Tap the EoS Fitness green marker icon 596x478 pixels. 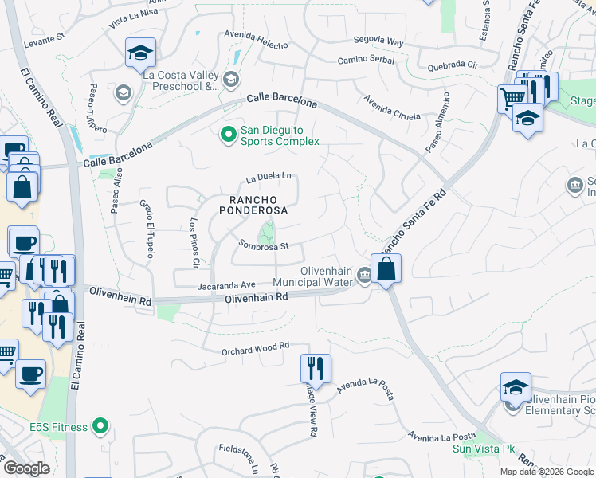100,427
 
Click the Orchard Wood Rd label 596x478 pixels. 256,348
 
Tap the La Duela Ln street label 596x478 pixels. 269,176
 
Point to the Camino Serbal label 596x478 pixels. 366,60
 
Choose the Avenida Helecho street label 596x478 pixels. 256,40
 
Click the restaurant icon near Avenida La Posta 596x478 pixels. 316,367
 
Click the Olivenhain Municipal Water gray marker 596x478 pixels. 364,276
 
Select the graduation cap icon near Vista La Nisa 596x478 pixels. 140,53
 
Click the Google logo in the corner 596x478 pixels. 26,468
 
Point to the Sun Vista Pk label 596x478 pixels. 483,449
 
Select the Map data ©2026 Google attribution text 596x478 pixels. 547,472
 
